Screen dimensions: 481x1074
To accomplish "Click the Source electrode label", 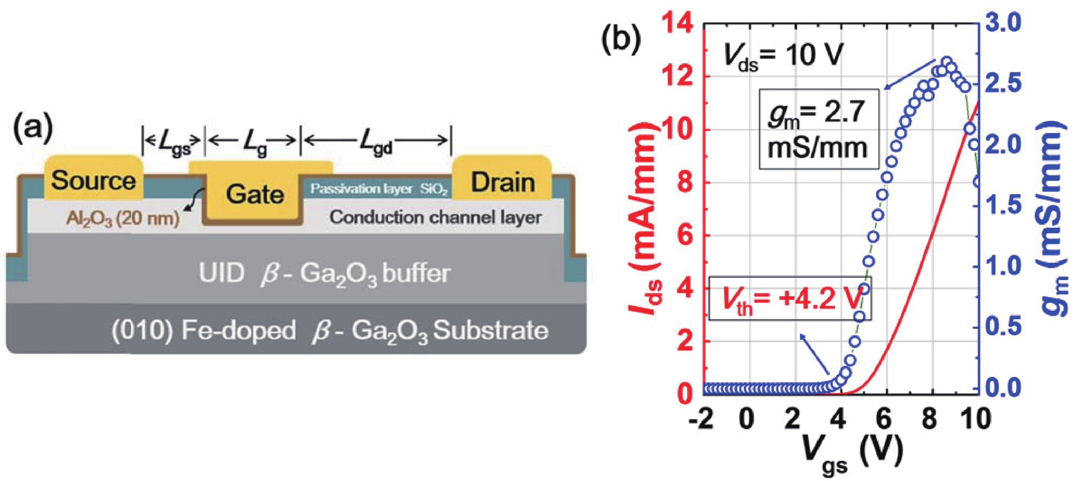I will coord(93,181).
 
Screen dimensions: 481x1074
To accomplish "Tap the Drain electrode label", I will coord(503,182).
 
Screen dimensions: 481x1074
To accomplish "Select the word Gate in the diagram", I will coord(255,194).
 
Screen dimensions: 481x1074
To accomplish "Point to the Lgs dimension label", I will coord(173,144).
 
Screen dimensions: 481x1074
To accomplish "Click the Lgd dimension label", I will coord(376,144).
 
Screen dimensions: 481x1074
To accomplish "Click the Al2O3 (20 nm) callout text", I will coord(123,218).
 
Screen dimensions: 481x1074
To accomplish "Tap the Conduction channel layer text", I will coord(435,217).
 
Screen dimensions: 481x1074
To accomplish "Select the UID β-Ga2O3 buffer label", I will coord(324,274).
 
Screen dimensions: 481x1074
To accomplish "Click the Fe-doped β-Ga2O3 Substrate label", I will coord(329,331).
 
